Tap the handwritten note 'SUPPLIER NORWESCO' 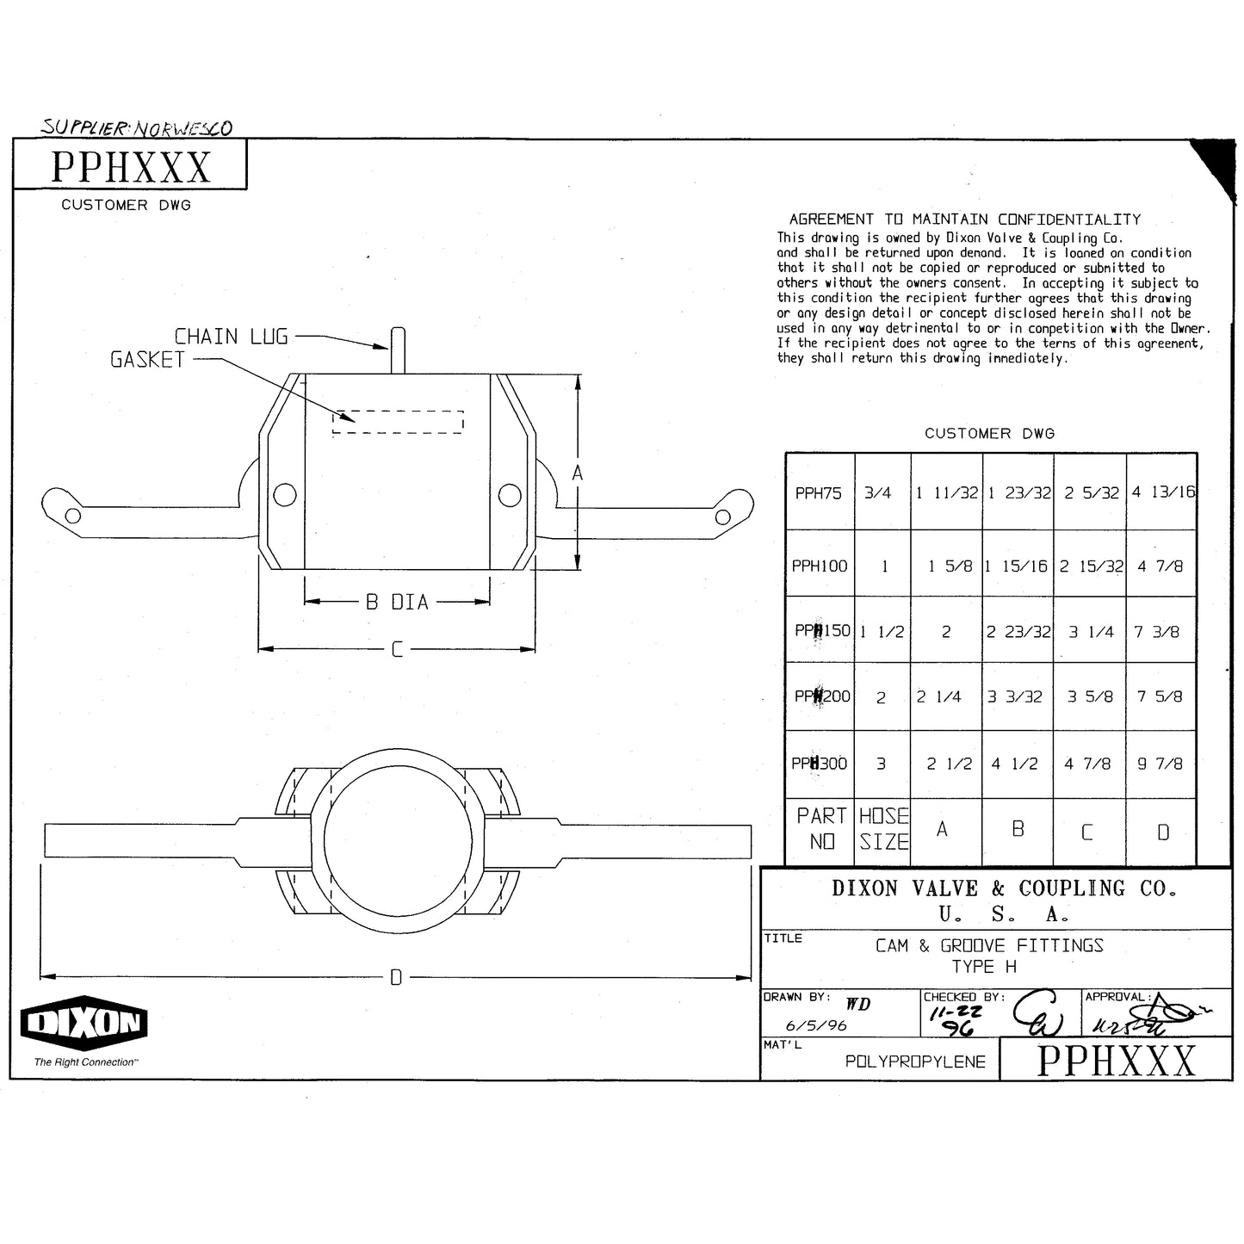coord(137,128)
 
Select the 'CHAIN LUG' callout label coord(231,337)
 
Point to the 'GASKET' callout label coord(147,360)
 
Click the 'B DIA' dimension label coord(397,603)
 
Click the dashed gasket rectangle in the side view coord(398,422)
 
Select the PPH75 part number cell coord(819,493)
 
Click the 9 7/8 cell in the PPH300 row coord(1160,764)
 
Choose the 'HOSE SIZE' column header coord(883,829)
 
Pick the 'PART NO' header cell coord(821,829)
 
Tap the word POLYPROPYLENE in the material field coord(915,1061)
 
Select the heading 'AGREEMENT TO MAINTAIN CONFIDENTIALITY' coord(964,220)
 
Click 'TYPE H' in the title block coord(984,967)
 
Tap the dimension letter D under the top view coord(396,977)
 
